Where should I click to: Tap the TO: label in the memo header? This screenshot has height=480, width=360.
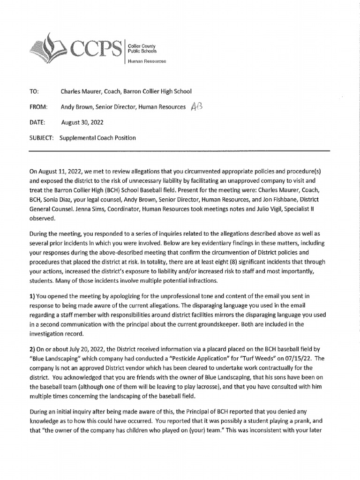34,91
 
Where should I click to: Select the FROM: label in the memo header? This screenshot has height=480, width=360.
38,107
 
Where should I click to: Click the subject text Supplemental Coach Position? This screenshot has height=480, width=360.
98,138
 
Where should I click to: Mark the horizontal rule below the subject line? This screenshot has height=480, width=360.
180,151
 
